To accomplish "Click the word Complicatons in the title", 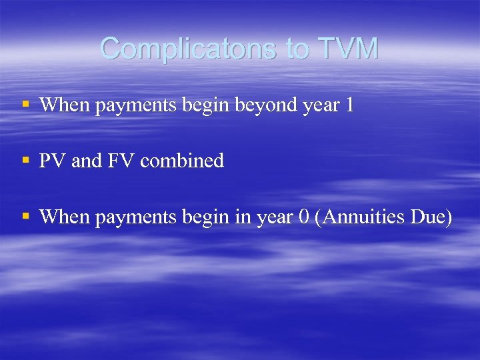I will pyautogui.click(x=185, y=49).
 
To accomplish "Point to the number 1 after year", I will pyautogui.click(x=349, y=105).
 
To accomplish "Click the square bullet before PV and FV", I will pyautogui.click(x=25, y=160).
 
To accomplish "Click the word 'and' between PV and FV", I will pyautogui.click(x=86, y=161).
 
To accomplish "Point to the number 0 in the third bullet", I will pyautogui.click(x=303, y=217).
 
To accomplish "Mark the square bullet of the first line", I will pyautogui.click(x=25, y=104).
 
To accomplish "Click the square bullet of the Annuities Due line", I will pyautogui.click(x=25, y=217).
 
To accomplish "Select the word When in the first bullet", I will pyautogui.click(x=65, y=105).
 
